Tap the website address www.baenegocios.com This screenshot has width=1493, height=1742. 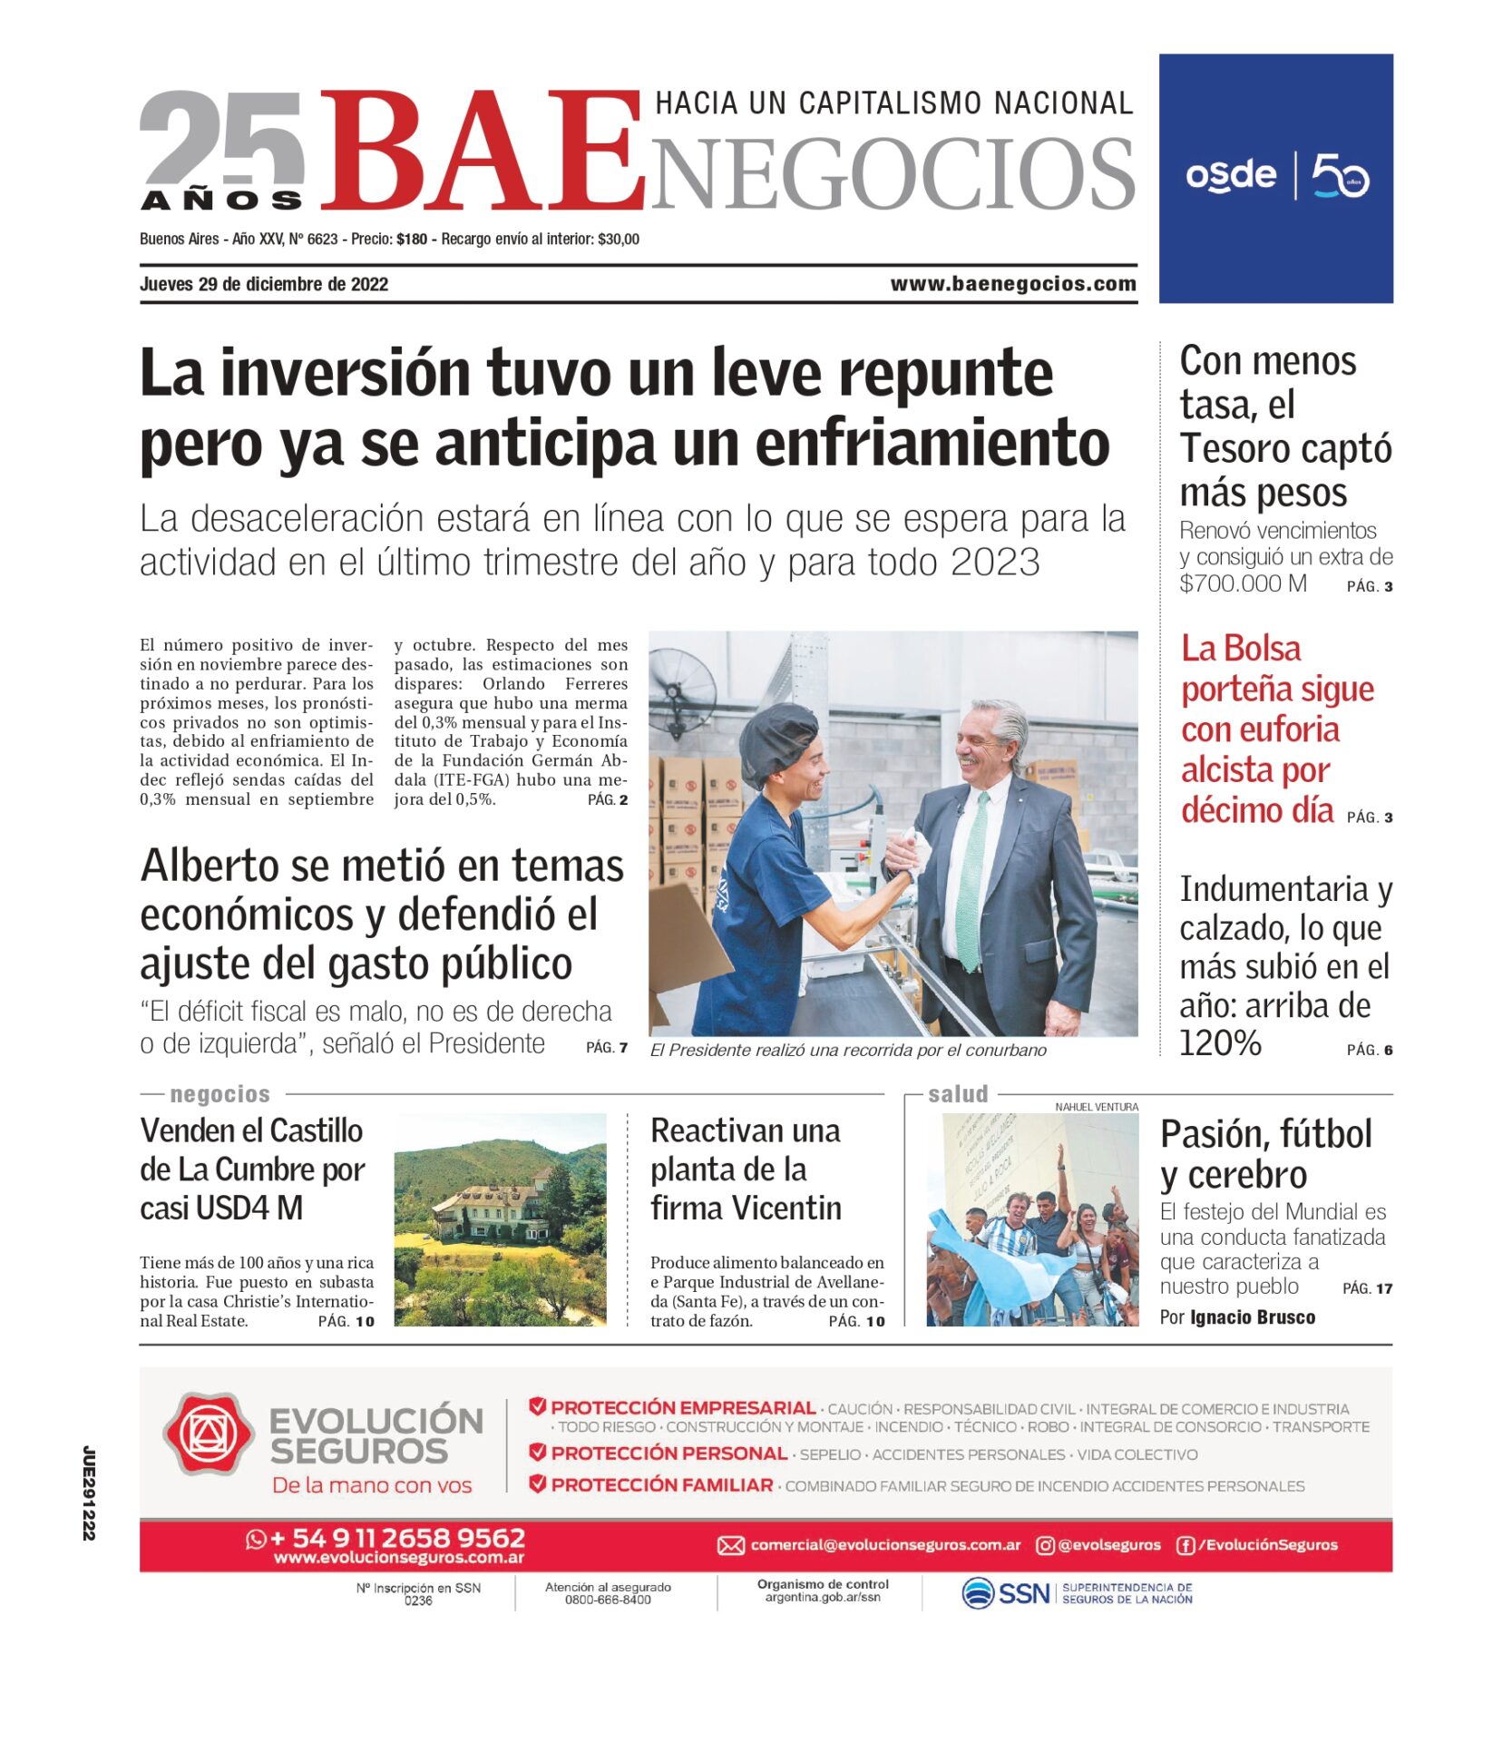click(1012, 284)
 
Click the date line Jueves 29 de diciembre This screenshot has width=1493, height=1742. click(263, 284)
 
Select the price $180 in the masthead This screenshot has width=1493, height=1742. click(412, 240)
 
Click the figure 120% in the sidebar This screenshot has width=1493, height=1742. click(1220, 1043)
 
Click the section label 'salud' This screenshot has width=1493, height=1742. click(957, 1094)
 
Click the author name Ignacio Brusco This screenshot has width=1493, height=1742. click(1252, 1317)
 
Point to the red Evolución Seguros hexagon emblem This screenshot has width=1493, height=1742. click(209, 1434)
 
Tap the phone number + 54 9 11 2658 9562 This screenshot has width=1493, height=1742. click(397, 1538)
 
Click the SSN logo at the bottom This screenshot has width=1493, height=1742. click(1006, 1593)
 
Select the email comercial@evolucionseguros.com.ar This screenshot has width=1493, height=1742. click(884, 1545)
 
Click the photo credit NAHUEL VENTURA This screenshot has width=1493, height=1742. click(1096, 1107)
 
